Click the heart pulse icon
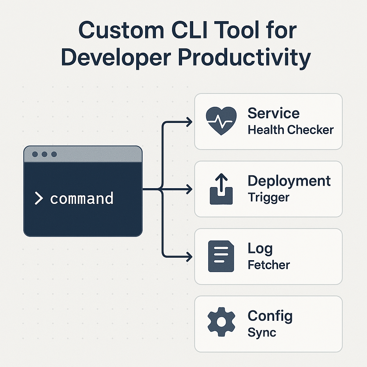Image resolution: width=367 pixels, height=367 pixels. (x=221, y=121)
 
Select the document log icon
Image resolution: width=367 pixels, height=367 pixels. (x=221, y=256)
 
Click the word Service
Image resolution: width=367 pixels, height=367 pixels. (x=273, y=113)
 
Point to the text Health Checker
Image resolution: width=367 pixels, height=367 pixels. (x=291, y=130)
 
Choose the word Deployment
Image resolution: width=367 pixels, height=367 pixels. (x=289, y=181)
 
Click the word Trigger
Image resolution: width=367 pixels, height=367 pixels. (x=268, y=197)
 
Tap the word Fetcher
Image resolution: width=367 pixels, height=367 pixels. (x=269, y=265)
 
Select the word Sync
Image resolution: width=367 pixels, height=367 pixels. (x=262, y=332)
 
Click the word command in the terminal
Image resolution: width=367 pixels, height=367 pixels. (x=82, y=199)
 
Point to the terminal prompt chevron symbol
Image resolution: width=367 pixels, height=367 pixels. (x=38, y=198)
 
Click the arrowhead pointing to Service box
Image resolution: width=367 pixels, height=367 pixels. (x=189, y=122)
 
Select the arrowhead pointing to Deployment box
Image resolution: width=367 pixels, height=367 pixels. (x=189, y=189)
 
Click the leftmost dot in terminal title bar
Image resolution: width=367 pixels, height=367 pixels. (x=35, y=154)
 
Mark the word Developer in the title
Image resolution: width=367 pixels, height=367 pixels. (x=117, y=58)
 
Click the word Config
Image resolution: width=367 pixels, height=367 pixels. (x=270, y=316)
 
